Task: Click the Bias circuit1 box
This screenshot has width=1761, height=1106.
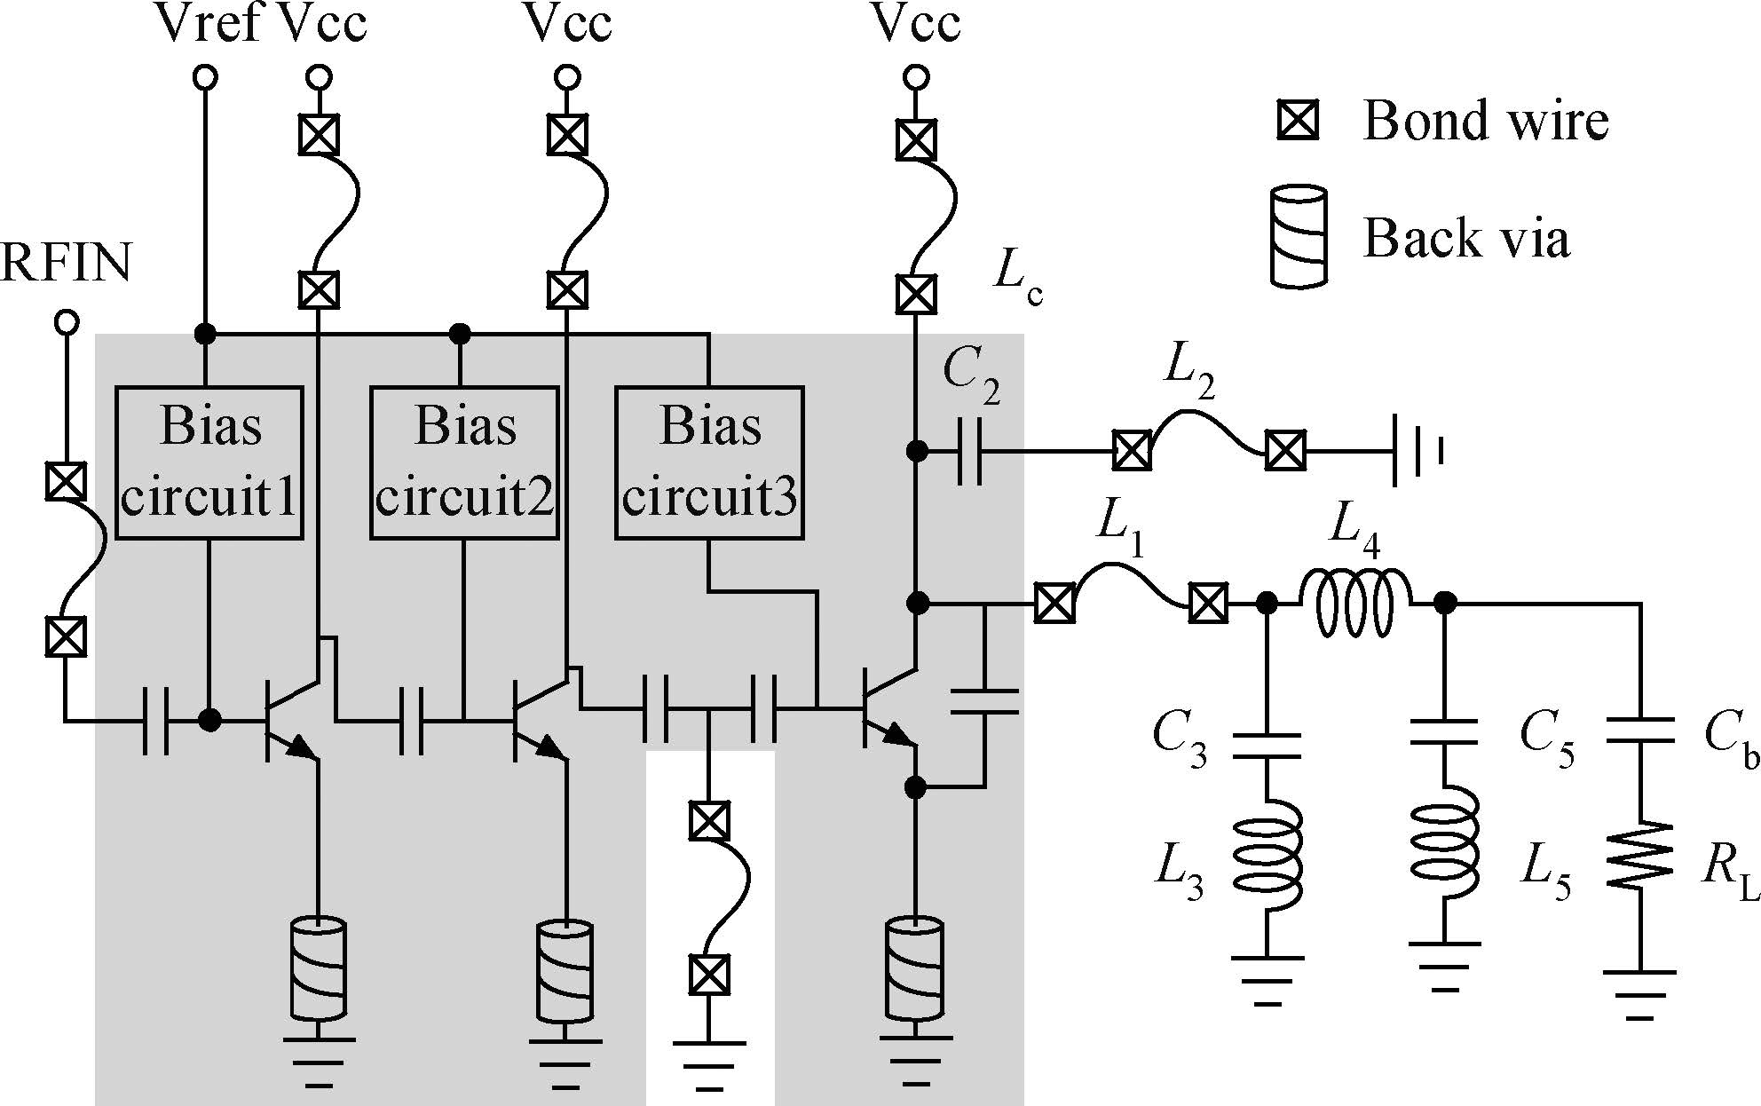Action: [209, 462]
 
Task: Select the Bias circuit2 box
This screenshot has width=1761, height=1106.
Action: [464, 462]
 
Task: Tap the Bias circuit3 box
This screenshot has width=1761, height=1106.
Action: [709, 462]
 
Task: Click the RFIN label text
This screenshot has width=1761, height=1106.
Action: [67, 264]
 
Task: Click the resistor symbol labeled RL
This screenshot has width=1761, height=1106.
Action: [1639, 855]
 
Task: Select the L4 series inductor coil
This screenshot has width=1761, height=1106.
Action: [1355, 604]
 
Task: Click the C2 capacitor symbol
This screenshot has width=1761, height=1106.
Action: [970, 451]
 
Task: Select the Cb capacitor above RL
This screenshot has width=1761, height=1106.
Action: [1639, 730]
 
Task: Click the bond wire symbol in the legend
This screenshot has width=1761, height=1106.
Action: [1298, 120]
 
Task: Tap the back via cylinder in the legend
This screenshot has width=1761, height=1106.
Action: [1299, 236]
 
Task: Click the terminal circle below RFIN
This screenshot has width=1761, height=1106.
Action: [67, 321]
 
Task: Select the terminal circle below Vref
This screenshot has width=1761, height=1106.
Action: [205, 78]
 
